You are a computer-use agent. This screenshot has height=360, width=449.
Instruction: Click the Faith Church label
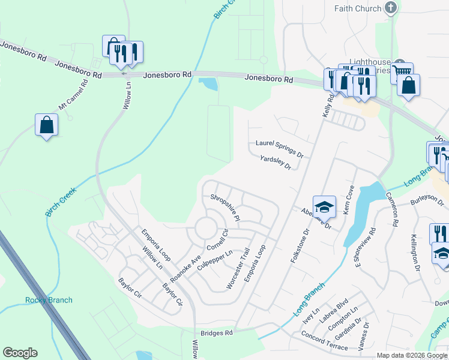[358, 8]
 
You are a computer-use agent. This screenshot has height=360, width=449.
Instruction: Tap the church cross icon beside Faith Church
[391, 8]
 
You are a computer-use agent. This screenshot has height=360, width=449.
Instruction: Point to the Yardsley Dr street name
[276, 162]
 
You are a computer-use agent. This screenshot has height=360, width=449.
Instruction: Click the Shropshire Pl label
[225, 206]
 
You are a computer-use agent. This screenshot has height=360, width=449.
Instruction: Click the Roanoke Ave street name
[185, 268]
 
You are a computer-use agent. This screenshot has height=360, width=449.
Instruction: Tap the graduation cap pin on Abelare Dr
[324, 207]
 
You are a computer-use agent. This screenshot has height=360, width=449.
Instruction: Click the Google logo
[20, 353]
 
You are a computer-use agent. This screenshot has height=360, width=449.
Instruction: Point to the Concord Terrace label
[324, 341]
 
